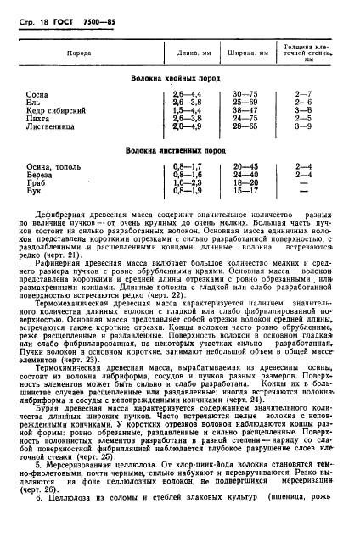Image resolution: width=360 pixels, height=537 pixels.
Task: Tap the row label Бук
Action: [x=35, y=191]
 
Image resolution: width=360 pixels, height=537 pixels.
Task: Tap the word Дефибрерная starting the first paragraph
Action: [x=64, y=205]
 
